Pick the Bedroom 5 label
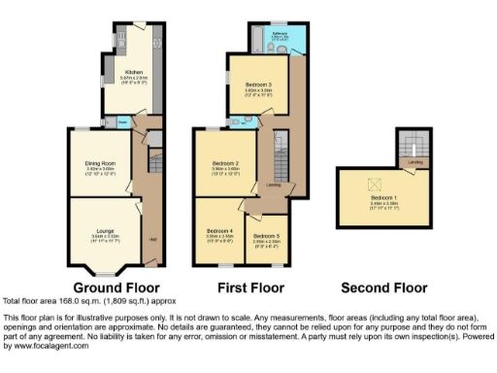click(x=266, y=235)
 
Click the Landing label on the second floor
click(x=414, y=161)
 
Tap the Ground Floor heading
click(x=116, y=288)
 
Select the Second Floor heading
click(x=384, y=288)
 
